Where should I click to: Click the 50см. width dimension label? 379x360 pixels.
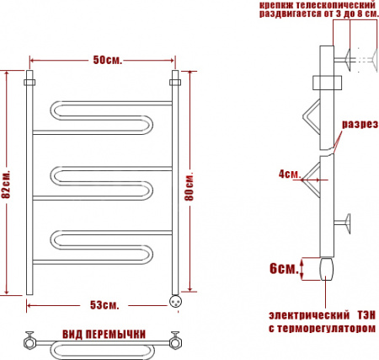pos(107,60)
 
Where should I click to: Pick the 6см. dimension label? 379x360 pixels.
pos(284,268)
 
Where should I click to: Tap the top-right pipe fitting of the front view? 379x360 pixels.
pos(176,81)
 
